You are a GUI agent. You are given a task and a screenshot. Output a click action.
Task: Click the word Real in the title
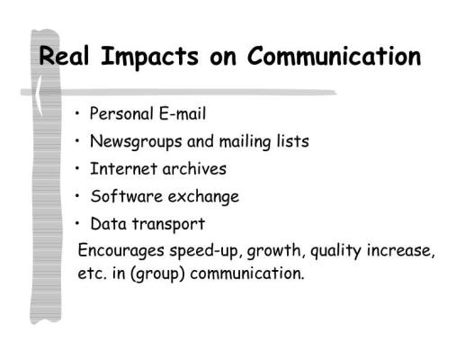click(x=64, y=56)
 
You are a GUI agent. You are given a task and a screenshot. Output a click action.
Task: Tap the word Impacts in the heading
click(x=149, y=58)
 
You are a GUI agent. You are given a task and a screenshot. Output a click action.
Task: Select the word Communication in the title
click(x=335, y=56)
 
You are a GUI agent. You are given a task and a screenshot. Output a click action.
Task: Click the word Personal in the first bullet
click(x=121, y=113)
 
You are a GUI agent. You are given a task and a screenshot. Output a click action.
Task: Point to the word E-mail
click(x=183, y=113)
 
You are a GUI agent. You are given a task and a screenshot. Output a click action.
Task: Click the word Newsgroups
click(x=136, y=142)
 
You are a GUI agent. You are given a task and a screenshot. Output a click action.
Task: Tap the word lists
click(x=293, y=141)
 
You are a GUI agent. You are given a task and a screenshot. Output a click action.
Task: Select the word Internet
click(x=124, y=168)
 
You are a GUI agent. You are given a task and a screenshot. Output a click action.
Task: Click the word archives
click(x=194, y=168)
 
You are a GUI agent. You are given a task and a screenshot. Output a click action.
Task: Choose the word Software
click(x=127, y=196)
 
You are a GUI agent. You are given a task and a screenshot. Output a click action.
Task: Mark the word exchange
click(x=203, y=197)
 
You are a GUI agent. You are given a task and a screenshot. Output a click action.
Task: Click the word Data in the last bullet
click(x=108, y=224)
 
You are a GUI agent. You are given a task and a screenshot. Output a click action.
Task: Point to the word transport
click(x=168, y=225)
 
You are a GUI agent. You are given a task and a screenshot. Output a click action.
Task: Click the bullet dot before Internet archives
click(x=77, y=168)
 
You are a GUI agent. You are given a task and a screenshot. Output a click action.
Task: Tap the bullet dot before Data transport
click(x=77, y=223)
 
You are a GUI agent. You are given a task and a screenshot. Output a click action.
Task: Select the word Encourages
click(x=121, y=251)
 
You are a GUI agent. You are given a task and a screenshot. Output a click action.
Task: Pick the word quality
click(x=335, y=251)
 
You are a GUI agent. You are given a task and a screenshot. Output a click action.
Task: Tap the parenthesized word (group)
click(x=157, y=274)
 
